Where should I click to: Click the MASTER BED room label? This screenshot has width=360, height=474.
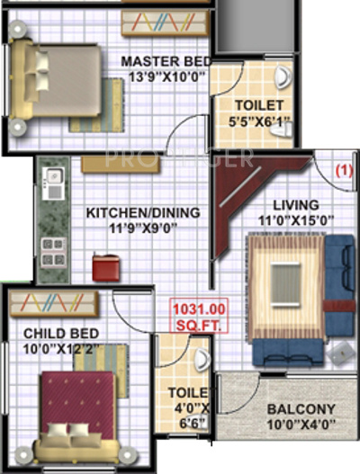pyautogui.click(x=167, y=61)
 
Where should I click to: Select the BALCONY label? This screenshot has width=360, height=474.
pyautogui.click(x=301, y=410)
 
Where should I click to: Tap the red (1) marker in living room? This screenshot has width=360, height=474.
pyautogui.click(x=342, y=167)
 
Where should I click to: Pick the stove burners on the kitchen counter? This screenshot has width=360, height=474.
pyautogui.click(x=51, y=245)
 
